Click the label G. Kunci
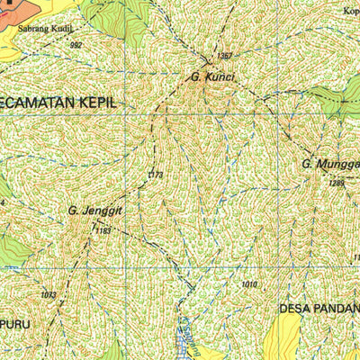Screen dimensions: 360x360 click(212, 77)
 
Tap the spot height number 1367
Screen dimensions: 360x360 click(224, 56)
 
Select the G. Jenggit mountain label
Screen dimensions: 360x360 click(94, 211)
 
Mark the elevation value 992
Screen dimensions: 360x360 click(76, 44)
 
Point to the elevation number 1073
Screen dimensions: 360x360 click(49, 294)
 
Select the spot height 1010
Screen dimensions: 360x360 click(249, 284)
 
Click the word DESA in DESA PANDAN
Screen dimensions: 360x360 click(296, 309)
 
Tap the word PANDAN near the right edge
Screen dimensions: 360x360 click(337, 309)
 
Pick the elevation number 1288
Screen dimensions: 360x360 click(337, 183)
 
